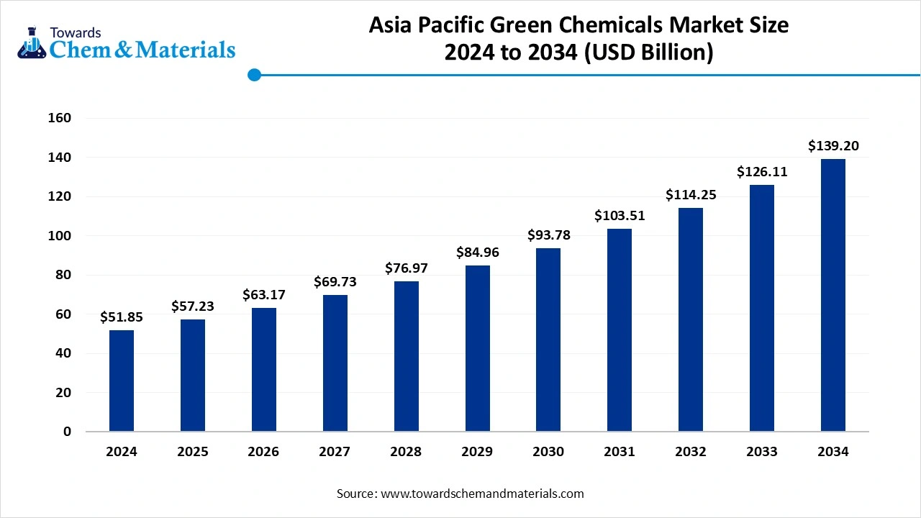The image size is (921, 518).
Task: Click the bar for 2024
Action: (x=122, y=381)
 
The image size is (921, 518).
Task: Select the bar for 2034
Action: (x=833, y=295)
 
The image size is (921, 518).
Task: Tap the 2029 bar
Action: (x=477, y=348)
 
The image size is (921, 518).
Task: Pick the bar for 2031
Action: (x=620, y=330)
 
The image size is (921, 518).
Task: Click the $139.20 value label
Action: (x=833, y=146)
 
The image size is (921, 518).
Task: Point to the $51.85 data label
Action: (x=122, y=317)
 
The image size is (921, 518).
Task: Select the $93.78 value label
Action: (x=548, y=235)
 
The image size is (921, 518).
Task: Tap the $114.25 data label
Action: (x=691, y=195)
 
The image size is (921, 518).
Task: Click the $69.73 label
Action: (x=335, y=282)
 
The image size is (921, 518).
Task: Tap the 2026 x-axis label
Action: (x=263, y=452)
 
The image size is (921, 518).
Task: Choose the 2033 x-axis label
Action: (x=762, y=452)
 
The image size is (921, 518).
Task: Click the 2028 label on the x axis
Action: (x=406, y=452)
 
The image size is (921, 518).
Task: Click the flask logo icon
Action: (x=31, y=45)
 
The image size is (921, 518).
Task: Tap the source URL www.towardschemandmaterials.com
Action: (x=481, y=494)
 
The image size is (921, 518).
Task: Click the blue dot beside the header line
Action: (x=253, y=74)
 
